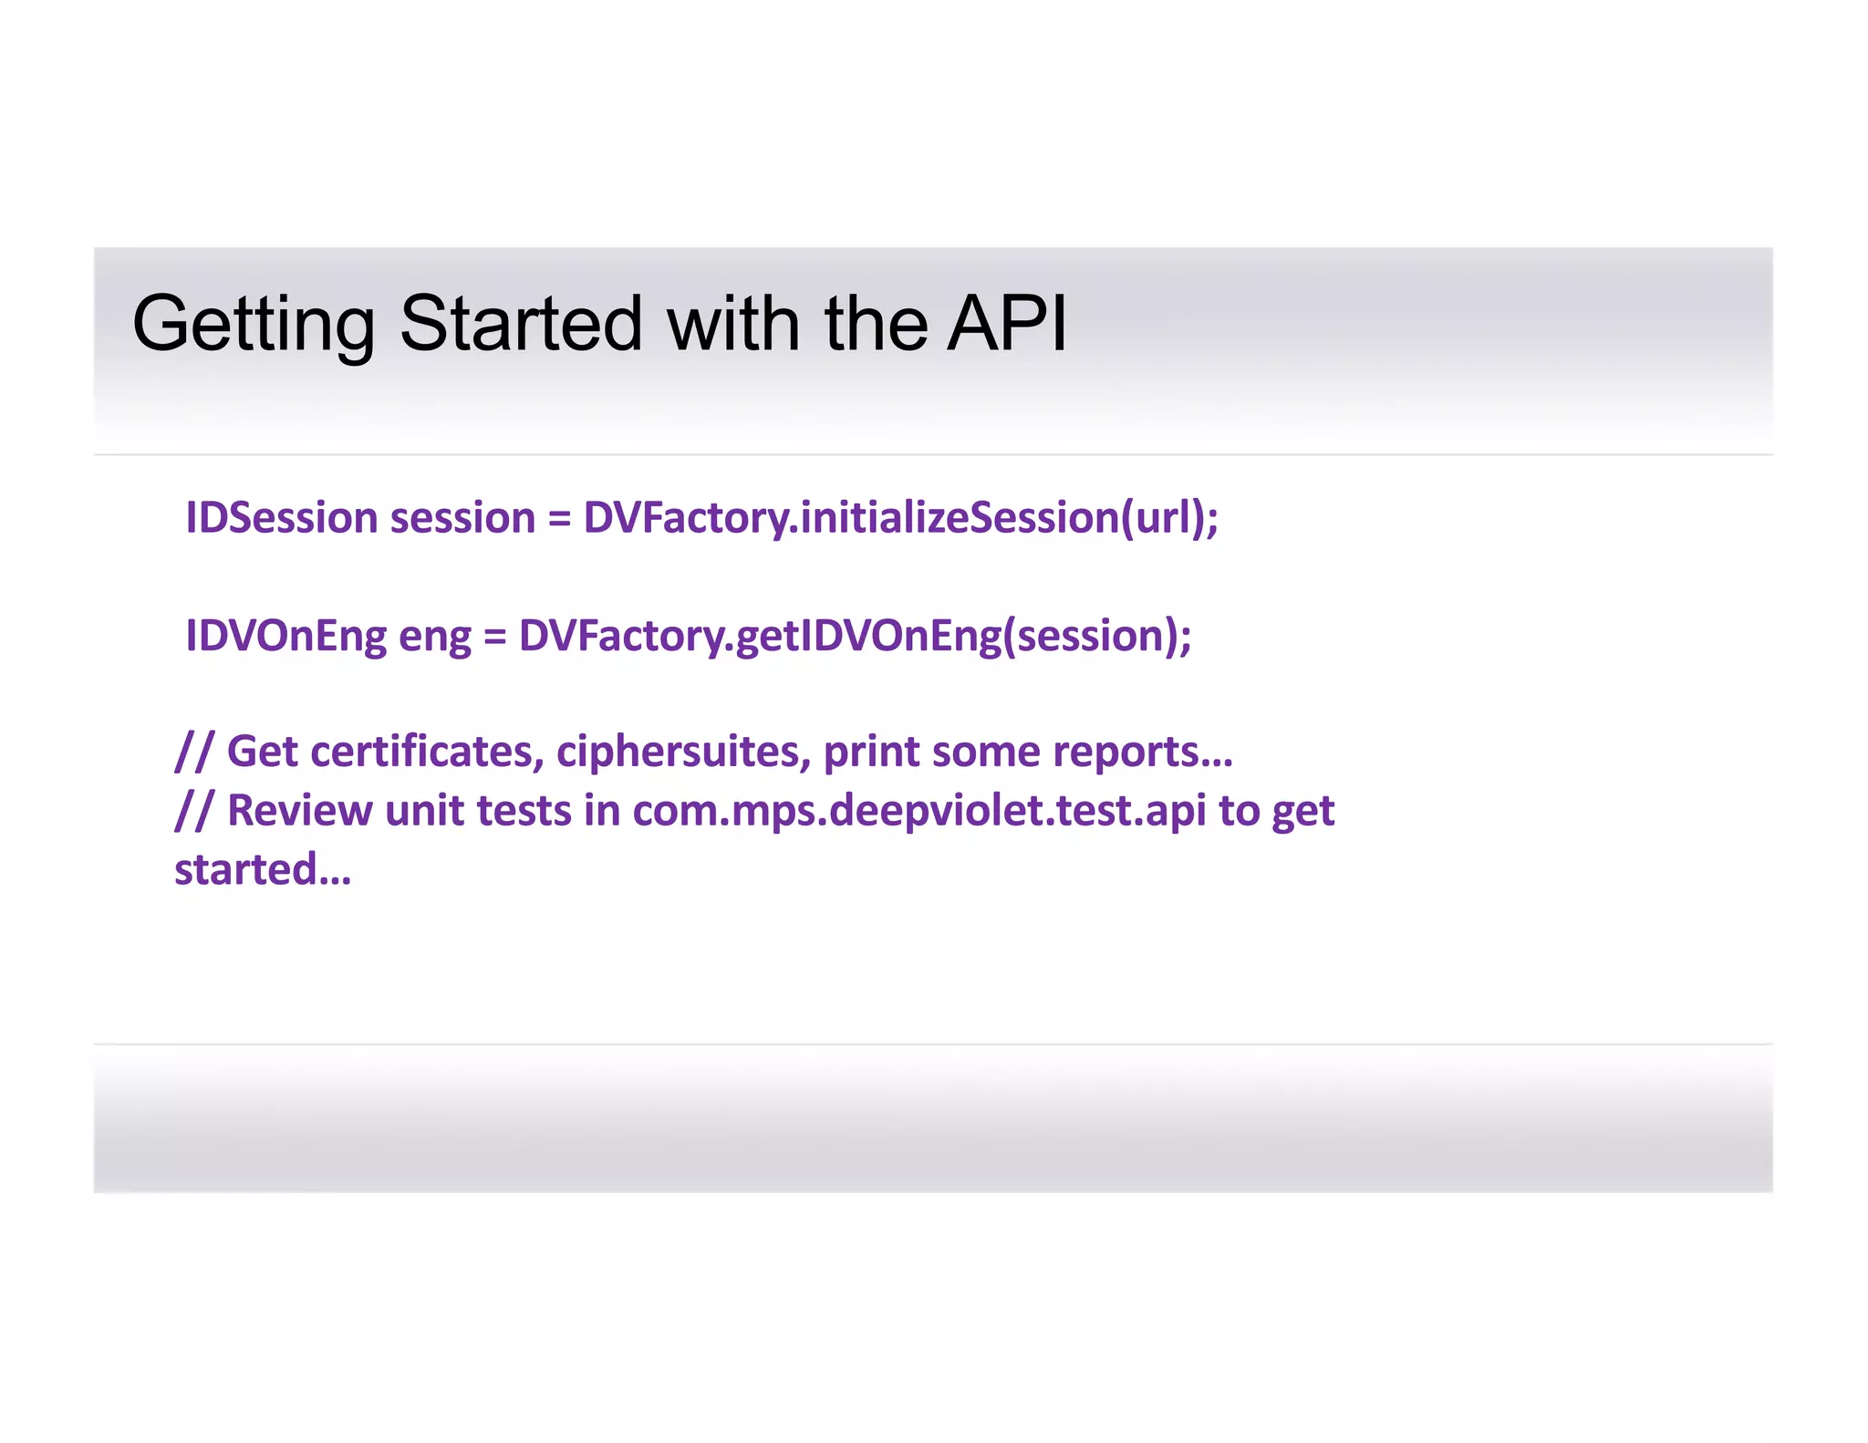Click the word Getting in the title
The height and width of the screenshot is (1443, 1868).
pyautogui.click(x=253, y=324)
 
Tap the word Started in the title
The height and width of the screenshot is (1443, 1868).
pyautogui.click(x=521, y=324)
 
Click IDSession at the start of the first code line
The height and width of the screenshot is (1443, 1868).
pyautogui.click(x=281, y=518)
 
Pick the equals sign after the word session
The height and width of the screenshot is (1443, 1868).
pyautogui.click(x=558, y=519)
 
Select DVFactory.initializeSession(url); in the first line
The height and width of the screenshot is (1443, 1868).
pyautogui.click(x=900, y=518)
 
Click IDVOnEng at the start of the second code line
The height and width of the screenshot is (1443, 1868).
pyautogui.click(x=285, y=636)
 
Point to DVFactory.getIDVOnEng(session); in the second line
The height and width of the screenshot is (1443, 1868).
pyautogui.click(x=855, y=636)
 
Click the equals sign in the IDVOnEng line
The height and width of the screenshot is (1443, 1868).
pyautogui.click(x=494, y=637)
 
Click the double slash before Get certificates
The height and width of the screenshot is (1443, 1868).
pyautogui.click(x=193, y=752)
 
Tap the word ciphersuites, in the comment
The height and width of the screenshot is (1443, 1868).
pyautogui.click(x=683, y=752)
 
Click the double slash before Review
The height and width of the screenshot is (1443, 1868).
pyautogui.click(x=193, y=810)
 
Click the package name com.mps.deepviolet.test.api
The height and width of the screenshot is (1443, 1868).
pyautogui.click(x=918, y=811)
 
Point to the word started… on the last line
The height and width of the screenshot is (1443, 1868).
pyautogui.click(x=263, y=869)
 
